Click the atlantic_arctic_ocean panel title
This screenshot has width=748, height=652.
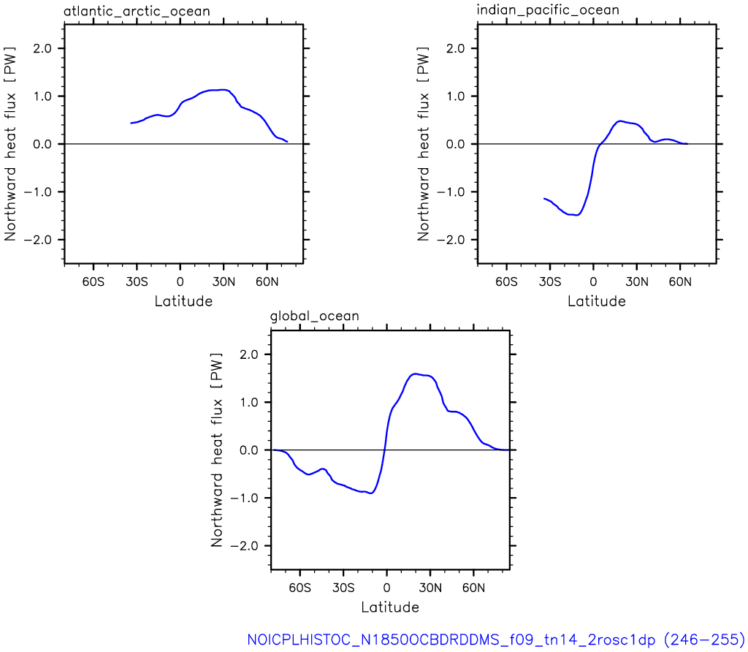[137, 11]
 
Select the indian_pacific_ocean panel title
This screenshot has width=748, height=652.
[548, 10]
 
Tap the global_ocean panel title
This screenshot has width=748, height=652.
[315, 316]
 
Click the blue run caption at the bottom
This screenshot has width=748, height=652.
[496, 639]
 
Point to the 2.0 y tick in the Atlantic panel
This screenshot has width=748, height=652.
[42, 49]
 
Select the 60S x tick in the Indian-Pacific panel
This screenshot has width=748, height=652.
[506, 281]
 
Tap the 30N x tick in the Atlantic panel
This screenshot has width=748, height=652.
[224, 281]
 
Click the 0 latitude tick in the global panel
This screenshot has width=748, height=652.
[387, 588]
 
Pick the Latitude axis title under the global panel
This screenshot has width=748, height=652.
[390, 607]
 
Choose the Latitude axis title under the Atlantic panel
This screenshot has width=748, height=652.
[183, 301]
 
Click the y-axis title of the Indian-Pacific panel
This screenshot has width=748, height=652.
[423, 144]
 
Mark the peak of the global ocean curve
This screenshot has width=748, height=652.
[415, 374]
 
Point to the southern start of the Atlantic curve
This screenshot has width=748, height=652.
[131, 123]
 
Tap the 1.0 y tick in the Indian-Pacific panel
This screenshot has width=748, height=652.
[456, 96]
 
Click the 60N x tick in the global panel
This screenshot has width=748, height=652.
[473, 588]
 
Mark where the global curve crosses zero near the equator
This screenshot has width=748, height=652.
[384, 450]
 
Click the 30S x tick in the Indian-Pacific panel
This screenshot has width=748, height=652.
[550, 281]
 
